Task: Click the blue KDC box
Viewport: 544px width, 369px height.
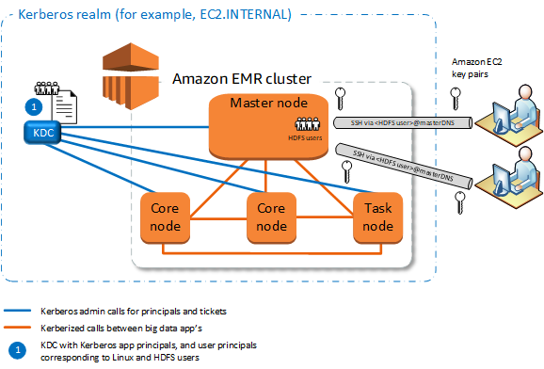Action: pos(43,133)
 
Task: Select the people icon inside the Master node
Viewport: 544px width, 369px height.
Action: pos(309,123)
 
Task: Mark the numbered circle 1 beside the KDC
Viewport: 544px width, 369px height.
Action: pos(33,107)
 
